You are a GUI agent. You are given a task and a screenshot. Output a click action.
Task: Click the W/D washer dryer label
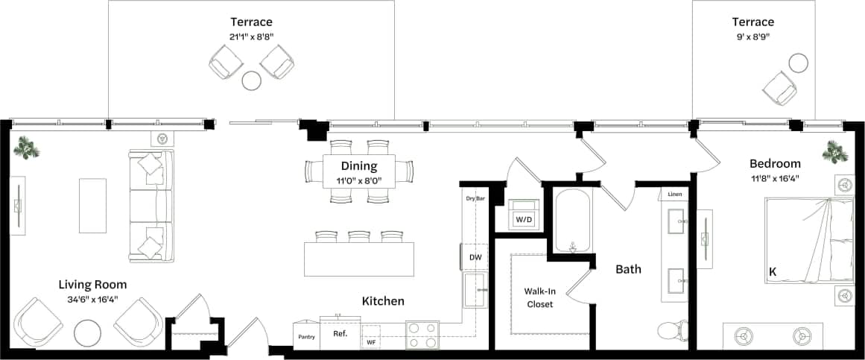pos(525,220)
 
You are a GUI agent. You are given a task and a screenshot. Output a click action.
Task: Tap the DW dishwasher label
pos(475,257)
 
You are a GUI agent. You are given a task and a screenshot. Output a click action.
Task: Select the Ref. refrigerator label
pos(340,334)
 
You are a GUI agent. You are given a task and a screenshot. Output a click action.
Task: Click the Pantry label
pos(307,337)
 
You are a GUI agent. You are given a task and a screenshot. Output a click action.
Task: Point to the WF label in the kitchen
pos(371,342)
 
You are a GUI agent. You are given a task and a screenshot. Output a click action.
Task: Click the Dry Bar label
pos(475,199)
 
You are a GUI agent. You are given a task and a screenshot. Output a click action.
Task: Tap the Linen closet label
pos(674,195)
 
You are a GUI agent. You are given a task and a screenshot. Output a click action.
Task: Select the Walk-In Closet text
pos(539,297)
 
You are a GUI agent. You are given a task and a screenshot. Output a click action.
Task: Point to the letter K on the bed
pos(773,273)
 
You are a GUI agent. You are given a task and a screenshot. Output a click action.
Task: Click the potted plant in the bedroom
pos(834,153)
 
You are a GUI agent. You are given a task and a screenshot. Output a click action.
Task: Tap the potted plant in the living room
pos(27,148)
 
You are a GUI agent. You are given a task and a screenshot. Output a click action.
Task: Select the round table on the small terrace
pos(799,63)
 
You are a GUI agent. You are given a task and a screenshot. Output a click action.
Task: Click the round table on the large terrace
pos(252,80)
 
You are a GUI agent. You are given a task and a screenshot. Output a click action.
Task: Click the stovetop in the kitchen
pos(422,335)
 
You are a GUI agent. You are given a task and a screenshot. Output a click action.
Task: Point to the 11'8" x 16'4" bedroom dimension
pos(775,178)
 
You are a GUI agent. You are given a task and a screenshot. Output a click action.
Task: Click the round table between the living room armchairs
pos(89,332)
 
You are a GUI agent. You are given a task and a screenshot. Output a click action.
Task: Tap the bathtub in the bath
pos(572,220)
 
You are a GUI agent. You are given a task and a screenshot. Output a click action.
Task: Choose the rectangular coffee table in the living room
pos(92,205)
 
